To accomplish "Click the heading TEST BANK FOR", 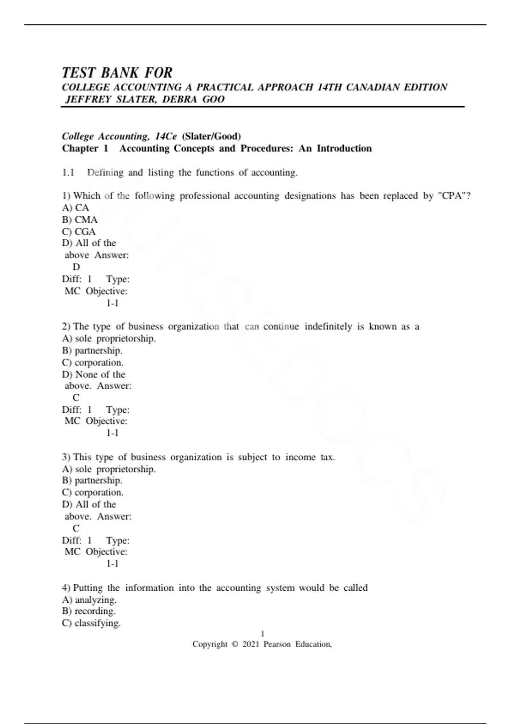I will [x=117, y=73].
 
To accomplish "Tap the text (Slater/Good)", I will [x=211, y=136].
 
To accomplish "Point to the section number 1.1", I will [x=68, y=172].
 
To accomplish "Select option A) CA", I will [x=75, y=208].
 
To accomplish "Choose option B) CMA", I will [x=80, y=220].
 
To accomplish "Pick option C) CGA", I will [x=79, y=232].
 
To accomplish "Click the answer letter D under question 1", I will [x=76, y=267].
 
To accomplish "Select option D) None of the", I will [x=94, y=374].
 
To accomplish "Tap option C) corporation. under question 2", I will [x=93, y=362].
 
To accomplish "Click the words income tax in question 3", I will [x=310, y=457].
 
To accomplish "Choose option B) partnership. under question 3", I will [x=92, y=480].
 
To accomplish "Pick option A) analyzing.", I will [x=89, y=600].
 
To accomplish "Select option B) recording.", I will [x=89, y=611].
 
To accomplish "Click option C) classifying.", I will [x=91, y=623].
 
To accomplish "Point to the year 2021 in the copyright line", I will [x=250, y=644].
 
